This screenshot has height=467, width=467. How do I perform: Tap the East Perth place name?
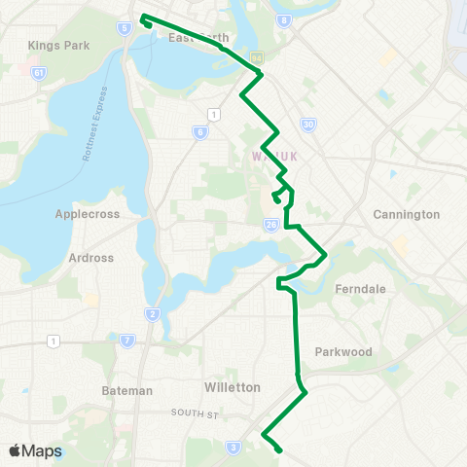198,38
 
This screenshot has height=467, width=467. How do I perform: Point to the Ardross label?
91,258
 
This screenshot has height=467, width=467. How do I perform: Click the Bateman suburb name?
127,390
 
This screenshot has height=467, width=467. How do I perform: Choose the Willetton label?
233,386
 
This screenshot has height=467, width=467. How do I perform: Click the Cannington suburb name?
407,214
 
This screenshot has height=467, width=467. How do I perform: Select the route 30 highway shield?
307,125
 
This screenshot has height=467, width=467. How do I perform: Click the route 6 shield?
199,132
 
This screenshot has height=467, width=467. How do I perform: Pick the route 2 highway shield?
153,313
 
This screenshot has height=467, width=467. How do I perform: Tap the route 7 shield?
127,341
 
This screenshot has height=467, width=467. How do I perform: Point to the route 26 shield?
271,224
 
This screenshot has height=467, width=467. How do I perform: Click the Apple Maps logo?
35,450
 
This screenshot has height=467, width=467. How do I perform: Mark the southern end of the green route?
280,450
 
